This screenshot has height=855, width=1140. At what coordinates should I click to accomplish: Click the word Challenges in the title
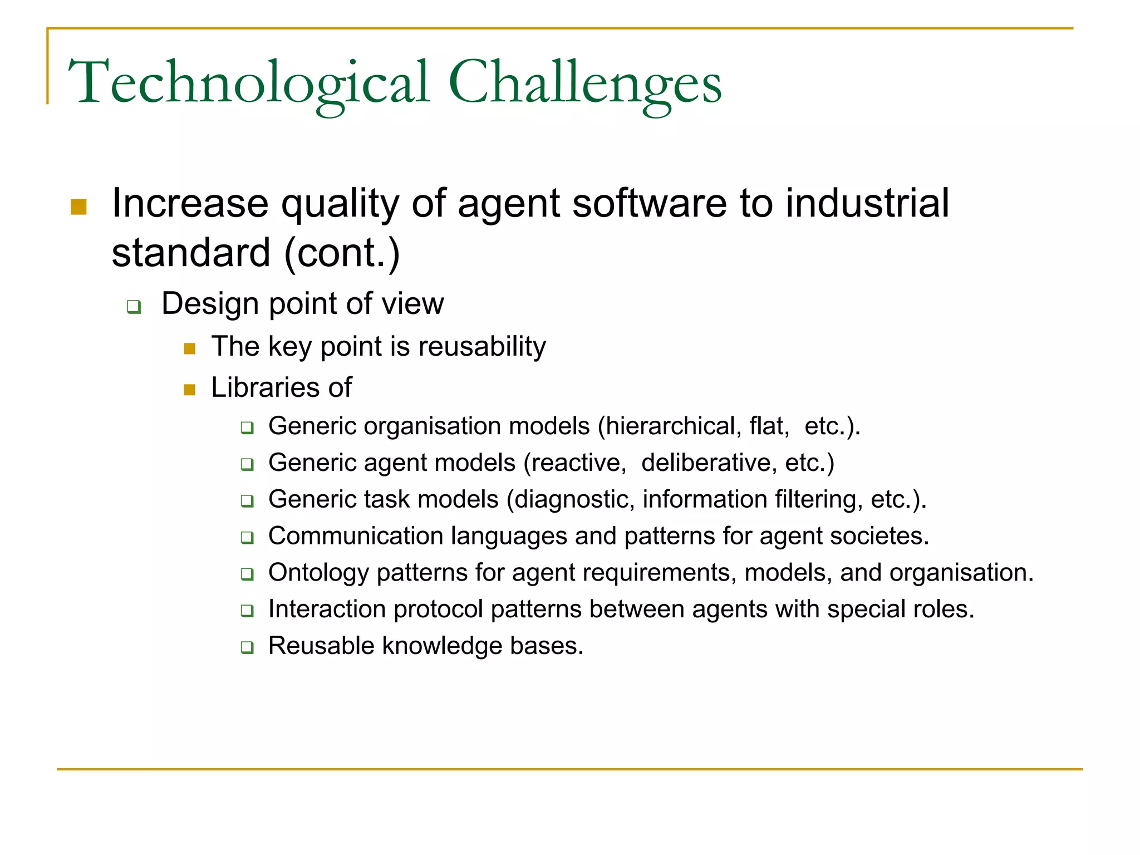(584, 83)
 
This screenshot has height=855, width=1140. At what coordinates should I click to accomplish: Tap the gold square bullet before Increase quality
(79, 207)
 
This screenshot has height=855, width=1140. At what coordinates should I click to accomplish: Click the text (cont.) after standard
(342, 253)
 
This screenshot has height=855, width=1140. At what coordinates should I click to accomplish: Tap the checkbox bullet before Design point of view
(134, 307)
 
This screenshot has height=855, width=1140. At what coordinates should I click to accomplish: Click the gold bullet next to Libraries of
(190, 390)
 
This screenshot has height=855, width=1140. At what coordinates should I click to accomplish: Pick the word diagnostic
(573, 499)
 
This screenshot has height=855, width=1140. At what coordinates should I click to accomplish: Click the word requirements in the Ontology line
(623, 573)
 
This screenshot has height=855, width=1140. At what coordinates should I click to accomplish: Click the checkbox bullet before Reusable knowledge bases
(247, 647)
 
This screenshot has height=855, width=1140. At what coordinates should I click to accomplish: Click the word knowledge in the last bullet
(442, 646)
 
